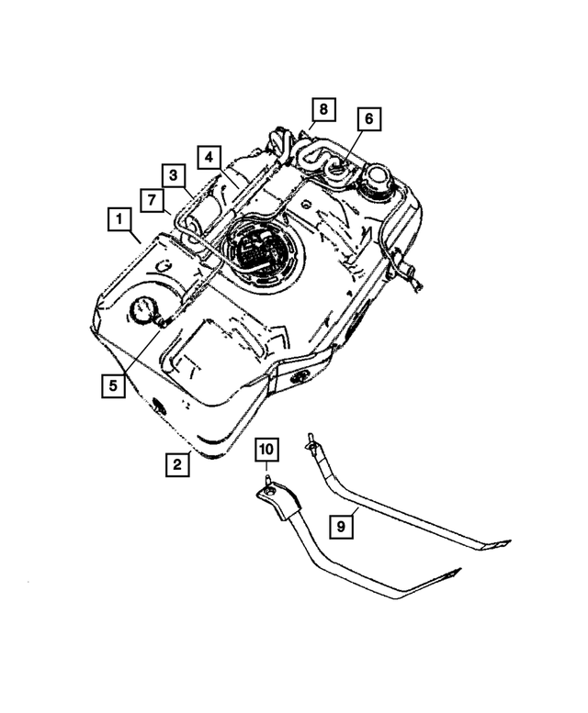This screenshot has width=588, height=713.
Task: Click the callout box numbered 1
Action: point(117,220)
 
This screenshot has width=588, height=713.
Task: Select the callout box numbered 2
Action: point(177,465)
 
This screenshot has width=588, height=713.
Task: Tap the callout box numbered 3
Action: point(174,174)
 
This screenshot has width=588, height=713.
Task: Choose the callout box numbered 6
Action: point(368,119)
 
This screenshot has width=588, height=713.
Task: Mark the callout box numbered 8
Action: point(322,110)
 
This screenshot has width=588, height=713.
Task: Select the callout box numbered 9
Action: point(341,527)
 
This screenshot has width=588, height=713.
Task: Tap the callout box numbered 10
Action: point(266,450)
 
